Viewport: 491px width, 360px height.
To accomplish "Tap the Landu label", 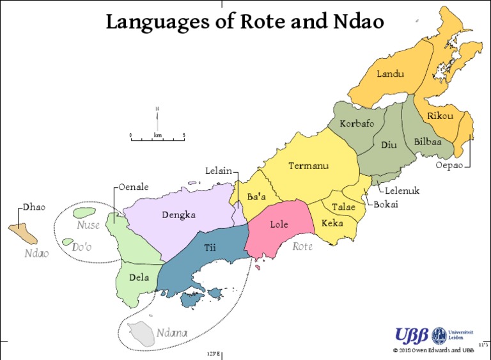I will coord(390,74).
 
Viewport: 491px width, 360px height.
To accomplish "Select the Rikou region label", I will coord(440,116).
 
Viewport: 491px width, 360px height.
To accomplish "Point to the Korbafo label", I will coord(357,123).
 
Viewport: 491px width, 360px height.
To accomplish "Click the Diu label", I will coord(389,145).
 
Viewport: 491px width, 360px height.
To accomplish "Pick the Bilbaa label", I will coord(428,141).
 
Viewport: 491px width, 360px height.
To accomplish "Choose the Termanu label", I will coord(308,166).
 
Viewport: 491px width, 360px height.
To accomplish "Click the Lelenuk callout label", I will coord(402,191).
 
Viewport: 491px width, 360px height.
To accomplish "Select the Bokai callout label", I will coord(386,205).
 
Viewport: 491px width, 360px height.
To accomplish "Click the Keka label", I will coord(332,223).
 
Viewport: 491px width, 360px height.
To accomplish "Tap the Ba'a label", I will coord(256,197).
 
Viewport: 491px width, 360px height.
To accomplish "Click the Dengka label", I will coord(178,215).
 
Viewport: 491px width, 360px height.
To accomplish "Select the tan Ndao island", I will coord(22,234).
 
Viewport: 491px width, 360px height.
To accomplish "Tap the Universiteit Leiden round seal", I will coord(439,336).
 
